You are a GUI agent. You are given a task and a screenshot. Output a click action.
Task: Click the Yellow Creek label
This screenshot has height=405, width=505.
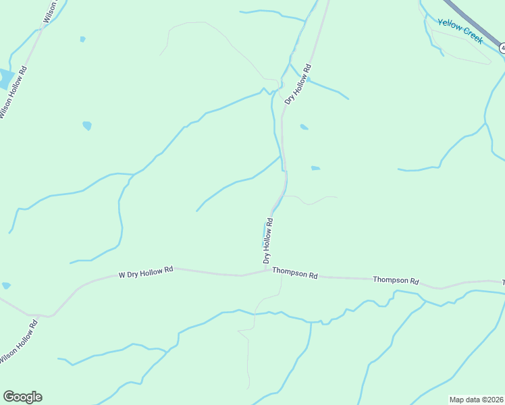pos(460,32)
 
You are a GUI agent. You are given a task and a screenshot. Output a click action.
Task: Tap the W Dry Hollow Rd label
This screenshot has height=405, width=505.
pos(146,272)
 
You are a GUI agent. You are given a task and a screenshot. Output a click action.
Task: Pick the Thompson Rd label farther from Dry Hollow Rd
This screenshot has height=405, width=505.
pos(396,280)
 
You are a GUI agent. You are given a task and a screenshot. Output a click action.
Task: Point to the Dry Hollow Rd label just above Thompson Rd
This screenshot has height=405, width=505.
pos(268,241)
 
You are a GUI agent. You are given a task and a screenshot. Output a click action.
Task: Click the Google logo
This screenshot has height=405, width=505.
pos(22,397)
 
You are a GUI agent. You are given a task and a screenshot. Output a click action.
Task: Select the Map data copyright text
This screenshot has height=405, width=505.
pos(476,400)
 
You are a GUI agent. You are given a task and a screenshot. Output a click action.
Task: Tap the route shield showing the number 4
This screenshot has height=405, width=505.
pos(502,48)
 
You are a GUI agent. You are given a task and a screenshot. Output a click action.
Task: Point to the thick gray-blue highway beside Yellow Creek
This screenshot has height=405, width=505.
pos(466,20)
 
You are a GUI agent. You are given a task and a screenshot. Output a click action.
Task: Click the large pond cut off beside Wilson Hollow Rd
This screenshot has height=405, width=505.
pos(5,79)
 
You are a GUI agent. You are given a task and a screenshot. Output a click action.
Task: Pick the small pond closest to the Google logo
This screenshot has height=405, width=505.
pos(6,286)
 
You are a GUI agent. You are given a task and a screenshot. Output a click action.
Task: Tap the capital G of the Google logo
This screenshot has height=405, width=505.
pos(9,397)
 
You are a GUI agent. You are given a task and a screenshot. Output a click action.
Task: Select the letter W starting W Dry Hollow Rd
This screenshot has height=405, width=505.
pos(122,275)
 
